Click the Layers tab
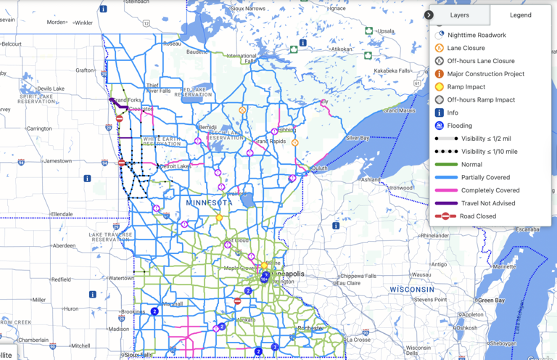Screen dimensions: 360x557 459,15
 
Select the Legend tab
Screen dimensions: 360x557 520,15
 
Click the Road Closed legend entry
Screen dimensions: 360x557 478,216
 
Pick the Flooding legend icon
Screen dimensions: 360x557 440,126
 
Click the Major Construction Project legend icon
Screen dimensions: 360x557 440,74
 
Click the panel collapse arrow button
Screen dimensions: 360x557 429,15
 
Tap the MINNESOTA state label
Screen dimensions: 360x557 209,202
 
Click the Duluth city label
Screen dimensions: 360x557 320,168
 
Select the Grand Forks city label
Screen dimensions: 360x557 127,99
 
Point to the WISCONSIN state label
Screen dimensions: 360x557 412,289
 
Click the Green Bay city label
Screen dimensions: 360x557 491,300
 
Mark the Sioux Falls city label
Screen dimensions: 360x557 139,355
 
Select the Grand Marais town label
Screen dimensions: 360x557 400,110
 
